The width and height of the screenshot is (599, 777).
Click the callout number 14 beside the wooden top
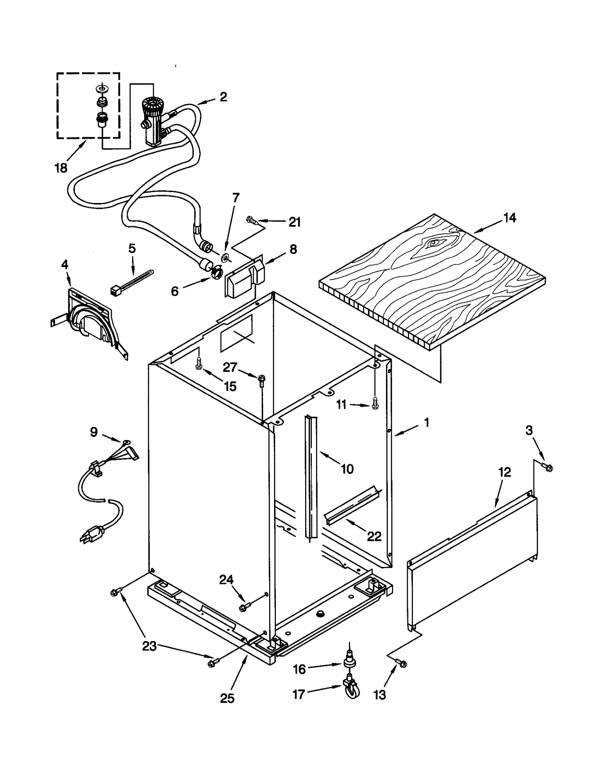[510, 218]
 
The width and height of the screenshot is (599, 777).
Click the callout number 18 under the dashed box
[61, 168]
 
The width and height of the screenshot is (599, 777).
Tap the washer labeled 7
[226, 257]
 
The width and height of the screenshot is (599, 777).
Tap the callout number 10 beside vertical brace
[347, 468]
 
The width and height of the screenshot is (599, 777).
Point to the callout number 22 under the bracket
[374, 536]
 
